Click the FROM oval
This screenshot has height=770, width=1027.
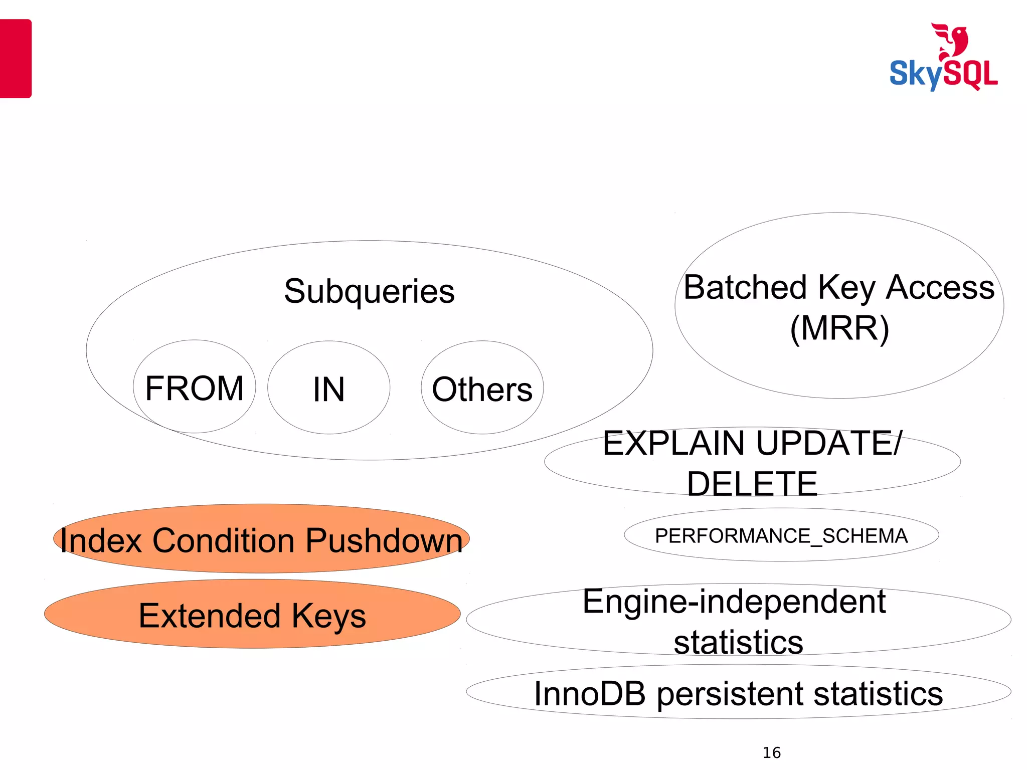[194, 387]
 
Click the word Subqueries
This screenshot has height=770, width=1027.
[369, 291]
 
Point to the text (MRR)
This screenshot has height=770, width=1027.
[839, 328]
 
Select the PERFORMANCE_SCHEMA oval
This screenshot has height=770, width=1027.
[781, 535]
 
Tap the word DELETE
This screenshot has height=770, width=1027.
[752, 484]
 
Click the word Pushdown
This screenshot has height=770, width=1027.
[384, 541]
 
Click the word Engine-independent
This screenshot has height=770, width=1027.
[734, 601]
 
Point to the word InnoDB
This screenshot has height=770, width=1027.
[589, 694]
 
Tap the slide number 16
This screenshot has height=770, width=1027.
[771, 752]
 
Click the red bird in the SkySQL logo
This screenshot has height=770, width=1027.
[951, 41]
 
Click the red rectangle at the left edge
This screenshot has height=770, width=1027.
[16, 58]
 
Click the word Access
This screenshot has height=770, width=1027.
[940, 287]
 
